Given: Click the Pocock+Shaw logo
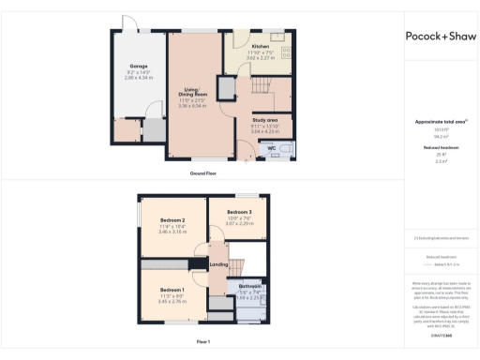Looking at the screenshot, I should (x=441, y=36).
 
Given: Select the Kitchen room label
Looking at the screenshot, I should (x=260, y=46).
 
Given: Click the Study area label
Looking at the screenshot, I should (x=264, y=121).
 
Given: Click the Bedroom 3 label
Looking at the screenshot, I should (x=239, y=213).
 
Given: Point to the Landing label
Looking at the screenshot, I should (x=218, y=264).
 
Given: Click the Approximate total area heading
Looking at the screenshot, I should (x=440, y=123).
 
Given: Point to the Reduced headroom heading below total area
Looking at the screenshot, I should (x=440, y=148).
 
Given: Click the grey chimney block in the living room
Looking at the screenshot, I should (x=225, y=89).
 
